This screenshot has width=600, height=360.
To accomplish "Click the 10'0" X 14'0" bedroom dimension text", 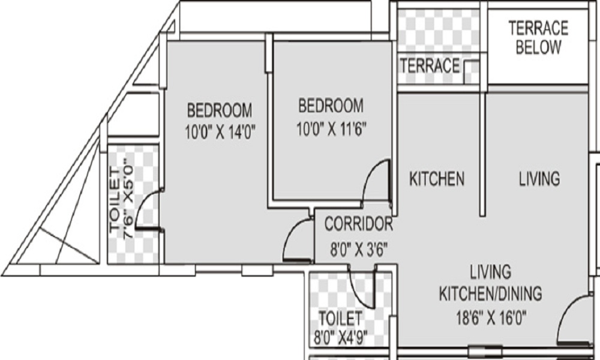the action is pyautogui.click(x=220, y=133).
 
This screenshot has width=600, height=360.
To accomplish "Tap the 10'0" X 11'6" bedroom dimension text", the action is pyautogui.click(x=331, y=129).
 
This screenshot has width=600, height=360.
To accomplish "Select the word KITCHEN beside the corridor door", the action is pyautogui.click(x=437, y=179).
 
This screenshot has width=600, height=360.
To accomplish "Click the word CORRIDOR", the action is pyautogui.click(x=359, y=224).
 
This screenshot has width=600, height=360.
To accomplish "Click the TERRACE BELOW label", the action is pyautogui.click(x=538, y=37).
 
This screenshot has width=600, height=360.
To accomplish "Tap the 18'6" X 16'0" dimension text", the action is pyautogui.click(x=491, y=317).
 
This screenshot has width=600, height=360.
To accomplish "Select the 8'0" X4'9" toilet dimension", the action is pyautogui.click(x=341, y=338).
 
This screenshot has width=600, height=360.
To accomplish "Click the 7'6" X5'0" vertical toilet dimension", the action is pyautogui.click(x=128, y=199).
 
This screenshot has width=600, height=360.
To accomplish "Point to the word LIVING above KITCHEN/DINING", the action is pyautogui.click(x=491, y=271).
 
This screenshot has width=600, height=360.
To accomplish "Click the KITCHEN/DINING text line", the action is pyautogui.click(x=490, y=293).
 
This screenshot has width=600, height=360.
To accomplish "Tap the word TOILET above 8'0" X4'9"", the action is pyautogui.click(x=340, y=318).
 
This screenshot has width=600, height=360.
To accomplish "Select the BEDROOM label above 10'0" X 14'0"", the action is pyautogui.click(x=220, y=110).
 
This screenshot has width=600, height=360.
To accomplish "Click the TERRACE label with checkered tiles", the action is pyautogui.click(x=430, y=65).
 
